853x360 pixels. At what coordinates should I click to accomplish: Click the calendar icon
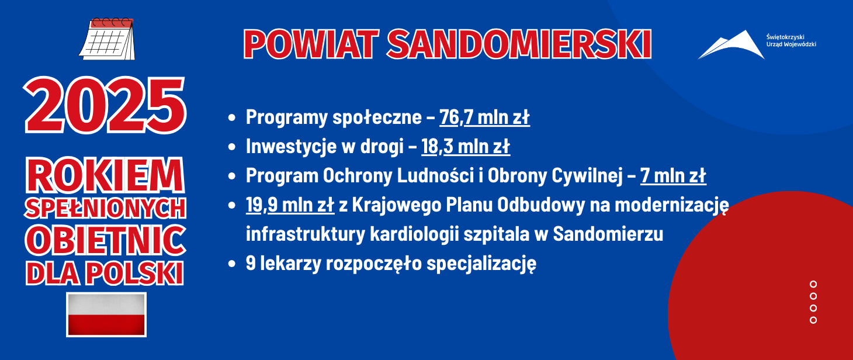[x=107, y=39]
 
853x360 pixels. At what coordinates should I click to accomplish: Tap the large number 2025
[x=105, y=105]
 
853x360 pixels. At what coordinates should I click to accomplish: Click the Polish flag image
[x=106, y=314]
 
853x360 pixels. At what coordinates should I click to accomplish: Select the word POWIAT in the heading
[x=311, y=44]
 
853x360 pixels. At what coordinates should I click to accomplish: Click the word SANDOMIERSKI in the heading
[x=519, y=44]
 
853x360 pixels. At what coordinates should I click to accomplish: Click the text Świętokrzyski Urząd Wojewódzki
[x=791, y=40]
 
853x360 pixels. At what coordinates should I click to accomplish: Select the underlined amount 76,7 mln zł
[x=484, y=117]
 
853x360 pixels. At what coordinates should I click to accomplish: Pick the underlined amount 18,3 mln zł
[x=465, y=146]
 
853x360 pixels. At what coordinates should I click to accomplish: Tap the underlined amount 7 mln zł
[x=673, y=176]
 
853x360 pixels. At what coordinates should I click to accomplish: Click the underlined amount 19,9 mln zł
[x=290, y=205]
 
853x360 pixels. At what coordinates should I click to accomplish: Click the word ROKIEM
[x=105, y=176]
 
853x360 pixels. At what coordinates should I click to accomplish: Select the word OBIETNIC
[x=106, y=240]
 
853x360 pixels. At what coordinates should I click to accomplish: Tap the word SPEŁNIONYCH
[x=106, y=208]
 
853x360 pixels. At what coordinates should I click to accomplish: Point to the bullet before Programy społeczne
[x=232, y=117]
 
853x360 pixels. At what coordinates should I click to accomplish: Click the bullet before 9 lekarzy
[x=232, y=264]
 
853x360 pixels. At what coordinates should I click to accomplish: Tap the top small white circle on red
[x=813, y=284]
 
